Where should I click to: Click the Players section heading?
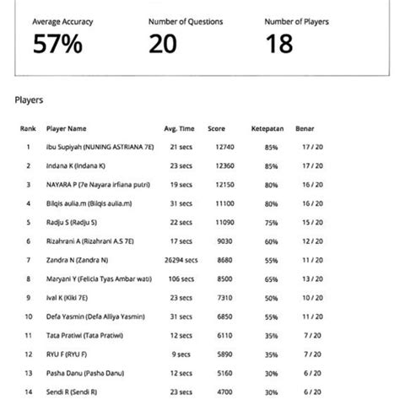[30, 100]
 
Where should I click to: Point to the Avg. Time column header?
[179, 129]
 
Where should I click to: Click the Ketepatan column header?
[265, 129]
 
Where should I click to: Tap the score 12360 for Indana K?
[224, 166]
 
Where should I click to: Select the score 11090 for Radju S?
[224, 223]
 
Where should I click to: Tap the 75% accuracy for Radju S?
[271, 223]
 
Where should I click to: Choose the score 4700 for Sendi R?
[224, 392]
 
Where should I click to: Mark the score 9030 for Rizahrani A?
[224, 241]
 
